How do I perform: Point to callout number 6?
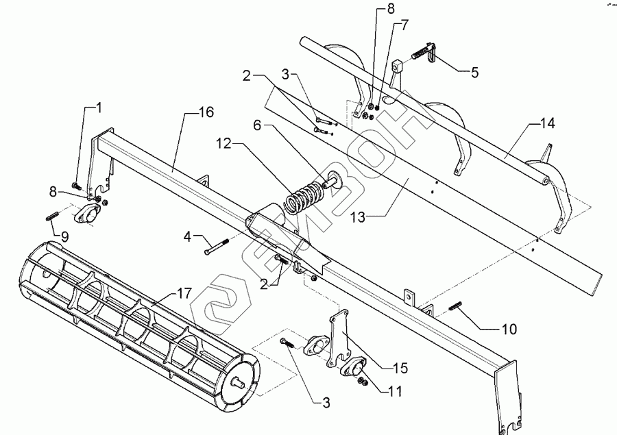(257, 125)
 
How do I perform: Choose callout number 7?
(404, 25)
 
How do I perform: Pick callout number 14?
(547, 124)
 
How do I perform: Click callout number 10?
(508, 330)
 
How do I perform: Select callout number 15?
(399, 368)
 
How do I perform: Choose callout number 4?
(188, 237)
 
